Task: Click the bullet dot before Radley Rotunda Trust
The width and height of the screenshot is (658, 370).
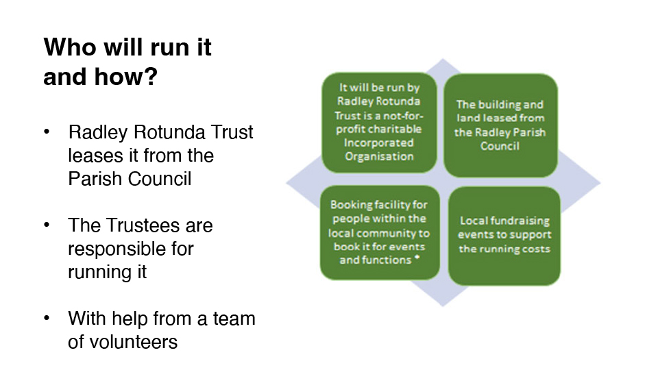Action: tap(47, 132)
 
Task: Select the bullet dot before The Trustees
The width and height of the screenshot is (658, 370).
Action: tap(47, 225)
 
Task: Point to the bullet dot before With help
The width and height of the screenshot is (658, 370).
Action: tap(47, 318)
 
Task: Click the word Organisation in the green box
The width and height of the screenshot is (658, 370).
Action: tap(379, 157)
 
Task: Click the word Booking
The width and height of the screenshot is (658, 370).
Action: tap(352, 205)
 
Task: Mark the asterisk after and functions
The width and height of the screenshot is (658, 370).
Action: tap(417, 258)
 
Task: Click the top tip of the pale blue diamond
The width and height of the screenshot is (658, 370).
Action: tap(443, 59)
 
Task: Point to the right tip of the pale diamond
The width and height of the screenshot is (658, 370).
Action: tap(600, 182)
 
